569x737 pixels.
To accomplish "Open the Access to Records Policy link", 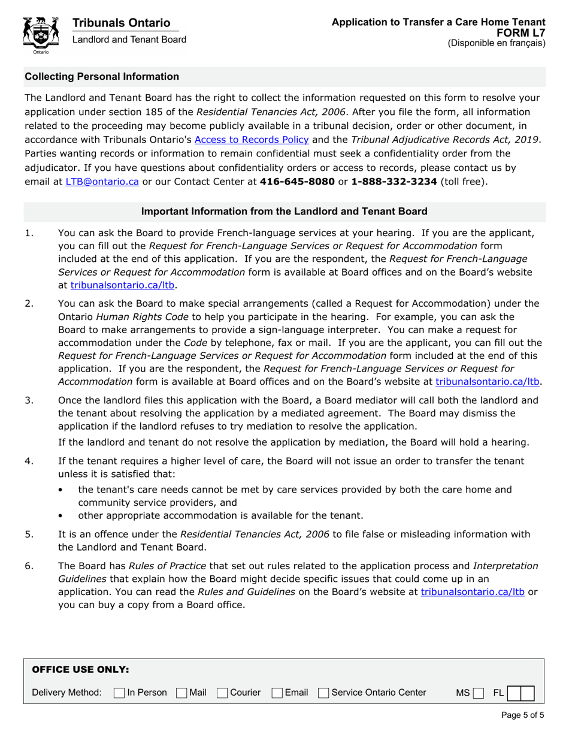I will [x=252, y=140].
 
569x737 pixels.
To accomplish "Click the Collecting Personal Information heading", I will [x=101, y=77].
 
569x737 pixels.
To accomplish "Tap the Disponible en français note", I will [x=497, y=43].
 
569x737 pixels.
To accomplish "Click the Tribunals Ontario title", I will [x=121, y=23].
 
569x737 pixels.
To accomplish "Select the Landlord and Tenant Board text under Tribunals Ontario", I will [x=129, y=40].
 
